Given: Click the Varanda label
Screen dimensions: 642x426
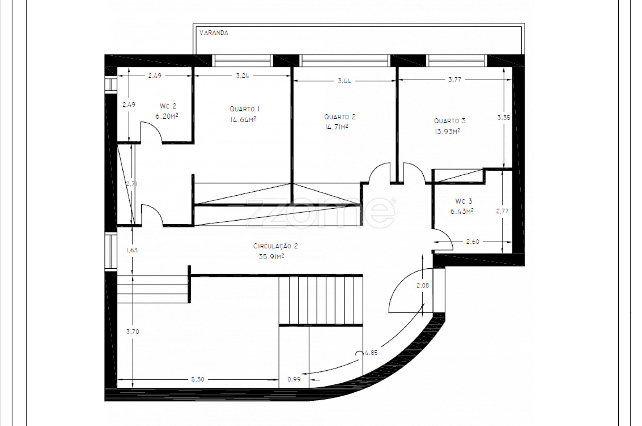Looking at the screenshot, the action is point(214,32).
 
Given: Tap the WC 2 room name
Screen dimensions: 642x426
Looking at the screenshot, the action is point(168,106).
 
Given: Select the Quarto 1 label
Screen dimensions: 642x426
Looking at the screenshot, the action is point(245,109).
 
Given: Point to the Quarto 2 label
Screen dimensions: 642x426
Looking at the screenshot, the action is point(340,117).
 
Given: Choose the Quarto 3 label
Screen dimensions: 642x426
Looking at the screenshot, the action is point(450,121).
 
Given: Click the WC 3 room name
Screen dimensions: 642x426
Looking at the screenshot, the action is point(463,201).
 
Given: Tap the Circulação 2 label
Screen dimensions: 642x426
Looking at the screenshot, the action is point(276,246).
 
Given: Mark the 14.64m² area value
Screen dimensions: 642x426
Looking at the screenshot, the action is point(243,120).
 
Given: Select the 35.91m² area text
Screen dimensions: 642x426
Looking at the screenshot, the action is point(271,256).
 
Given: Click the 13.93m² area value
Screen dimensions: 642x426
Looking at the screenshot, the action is point(447,131).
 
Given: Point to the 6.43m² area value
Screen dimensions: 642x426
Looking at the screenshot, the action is point(462,211).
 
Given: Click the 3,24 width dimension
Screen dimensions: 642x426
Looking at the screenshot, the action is point(242,76).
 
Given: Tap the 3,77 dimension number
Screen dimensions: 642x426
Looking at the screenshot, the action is point(455,80).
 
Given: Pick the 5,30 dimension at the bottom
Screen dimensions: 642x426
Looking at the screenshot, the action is point(198,379).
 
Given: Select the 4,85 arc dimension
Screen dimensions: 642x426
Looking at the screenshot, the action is point(371,353).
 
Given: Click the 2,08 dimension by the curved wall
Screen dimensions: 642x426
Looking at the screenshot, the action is point(423,285).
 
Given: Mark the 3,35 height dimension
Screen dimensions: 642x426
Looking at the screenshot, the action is point(504,118).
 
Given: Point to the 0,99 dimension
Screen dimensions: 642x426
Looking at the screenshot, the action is point(294,379).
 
